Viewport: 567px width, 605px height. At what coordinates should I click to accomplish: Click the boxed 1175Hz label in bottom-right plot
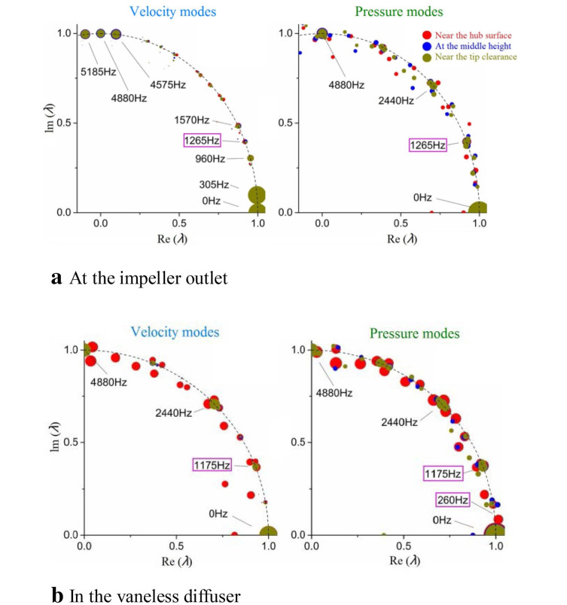441,473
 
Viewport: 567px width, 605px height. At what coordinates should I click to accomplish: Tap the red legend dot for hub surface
426,35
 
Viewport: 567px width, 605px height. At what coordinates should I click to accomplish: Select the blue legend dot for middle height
426,46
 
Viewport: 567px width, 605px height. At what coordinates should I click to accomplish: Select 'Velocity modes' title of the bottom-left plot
174,332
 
